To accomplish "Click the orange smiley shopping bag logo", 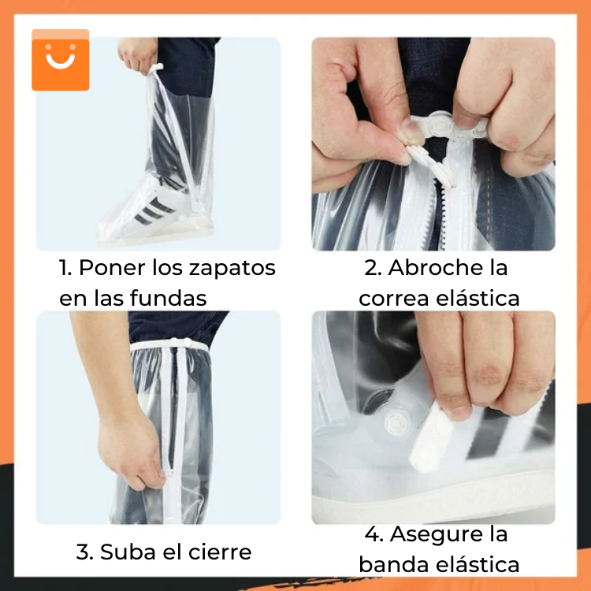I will point(61,61).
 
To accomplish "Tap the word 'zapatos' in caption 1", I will point(232,268).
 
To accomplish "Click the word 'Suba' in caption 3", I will point(125,552).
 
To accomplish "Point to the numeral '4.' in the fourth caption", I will point(374,534).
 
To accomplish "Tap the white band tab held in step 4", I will point(431,441).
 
